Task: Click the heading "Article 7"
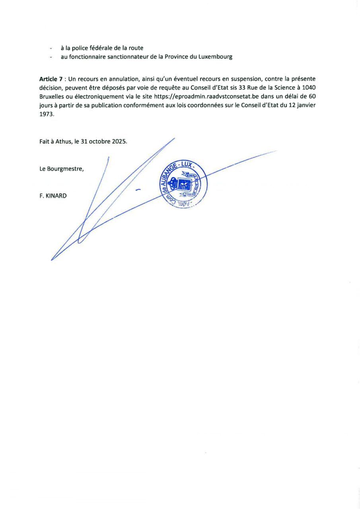(x=51, y=79)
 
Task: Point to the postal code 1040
(x=309, y=87)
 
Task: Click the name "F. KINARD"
(x=53, y=196)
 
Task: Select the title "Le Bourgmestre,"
(x=62, y=169)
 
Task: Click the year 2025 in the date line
(x=119, y=142)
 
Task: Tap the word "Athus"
(x=63, y=142)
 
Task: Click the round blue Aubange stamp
(x=183, y=185)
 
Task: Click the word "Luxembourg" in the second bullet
(x=214, y=57)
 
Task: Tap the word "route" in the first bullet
(x=136, y=48)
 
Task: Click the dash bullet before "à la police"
(x=51, y=49)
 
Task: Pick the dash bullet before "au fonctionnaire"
(x=51, y=57)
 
